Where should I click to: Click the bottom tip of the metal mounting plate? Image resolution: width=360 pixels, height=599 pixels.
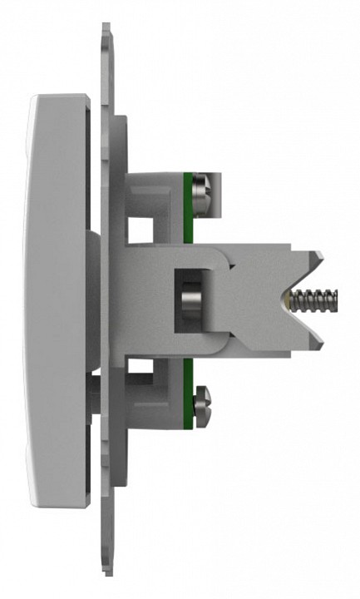coord(106,574)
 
